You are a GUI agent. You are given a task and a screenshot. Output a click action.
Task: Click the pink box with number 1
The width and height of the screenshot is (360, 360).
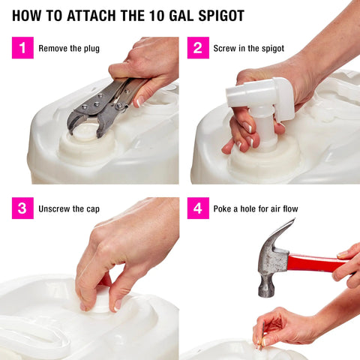pos(22,49)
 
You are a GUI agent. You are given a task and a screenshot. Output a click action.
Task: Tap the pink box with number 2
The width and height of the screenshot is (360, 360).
pos(198,49)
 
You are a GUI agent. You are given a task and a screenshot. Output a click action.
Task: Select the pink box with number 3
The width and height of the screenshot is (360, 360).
pos(22,208)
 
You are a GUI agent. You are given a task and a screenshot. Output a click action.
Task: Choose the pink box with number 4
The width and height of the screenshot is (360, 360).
pos(198,208)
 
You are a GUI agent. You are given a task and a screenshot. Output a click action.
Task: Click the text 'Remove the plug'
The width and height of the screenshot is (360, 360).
pos(69,49)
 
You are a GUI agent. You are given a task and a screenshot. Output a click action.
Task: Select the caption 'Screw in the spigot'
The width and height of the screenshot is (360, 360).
pos(248,49)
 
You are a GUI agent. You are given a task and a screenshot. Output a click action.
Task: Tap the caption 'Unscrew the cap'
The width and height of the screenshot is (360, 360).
pos(69,208)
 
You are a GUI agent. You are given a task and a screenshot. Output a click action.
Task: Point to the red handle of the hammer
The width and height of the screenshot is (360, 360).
pos(315,262)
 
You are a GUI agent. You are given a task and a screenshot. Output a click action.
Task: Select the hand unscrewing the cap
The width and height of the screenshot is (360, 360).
pos(120,255)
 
